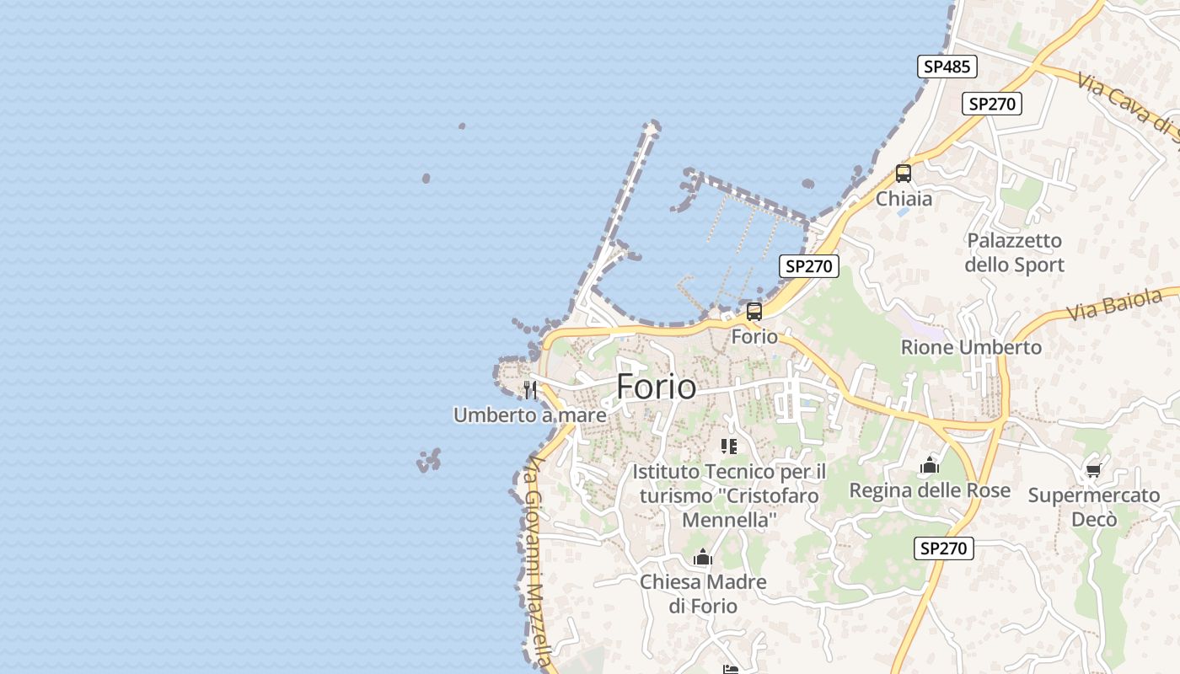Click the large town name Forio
tap(657, 387)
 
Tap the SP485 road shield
tap(947, 67)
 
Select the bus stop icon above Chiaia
tap(904, 174)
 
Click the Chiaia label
tap(904, 199)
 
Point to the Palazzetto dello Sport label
tap(1014, 253)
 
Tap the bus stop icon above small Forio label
tap(754, 311)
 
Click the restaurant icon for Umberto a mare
tap(530, 389)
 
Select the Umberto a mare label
tap(529, 415)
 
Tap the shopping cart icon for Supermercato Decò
tap(1093, 470)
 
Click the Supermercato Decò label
tap(1093, 507)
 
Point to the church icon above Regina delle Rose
tap(930, 465)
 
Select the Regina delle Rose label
tap(929, 490)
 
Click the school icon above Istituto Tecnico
tap(729, 446)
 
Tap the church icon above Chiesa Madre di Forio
tap(702, 557)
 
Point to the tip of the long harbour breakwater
tap(652, 126)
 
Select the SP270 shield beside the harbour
tap(808, 266)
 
